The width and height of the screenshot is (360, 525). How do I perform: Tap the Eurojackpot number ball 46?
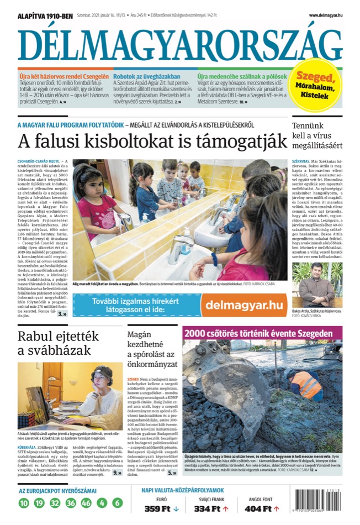(x=86, y=503)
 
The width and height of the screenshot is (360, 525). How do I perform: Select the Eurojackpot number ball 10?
(x=23, y=503)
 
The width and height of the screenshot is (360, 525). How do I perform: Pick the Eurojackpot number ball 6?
(x=117, y=503)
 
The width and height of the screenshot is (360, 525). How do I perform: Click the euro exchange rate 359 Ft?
(x=161, y=508)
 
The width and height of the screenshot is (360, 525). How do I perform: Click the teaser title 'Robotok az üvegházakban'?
(x=147, y=76)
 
